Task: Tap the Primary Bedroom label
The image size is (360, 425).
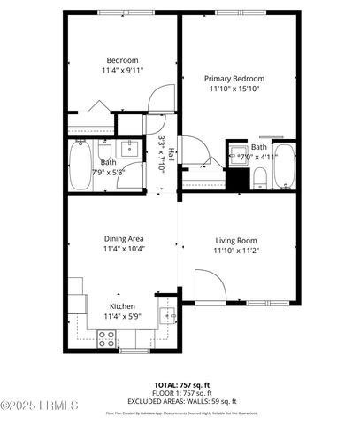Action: (x=237, y=78)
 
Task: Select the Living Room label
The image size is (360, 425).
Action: (x=236, y=240)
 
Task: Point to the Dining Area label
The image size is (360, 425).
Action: (x=124, y=238)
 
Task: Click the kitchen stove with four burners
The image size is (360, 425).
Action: (x=107, y=337)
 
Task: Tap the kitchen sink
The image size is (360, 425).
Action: (x=165, y=311)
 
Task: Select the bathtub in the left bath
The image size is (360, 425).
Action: (x=78, y=168)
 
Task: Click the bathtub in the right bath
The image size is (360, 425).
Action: (x=284, y=169)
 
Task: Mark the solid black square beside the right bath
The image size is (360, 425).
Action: (x=236, y=180)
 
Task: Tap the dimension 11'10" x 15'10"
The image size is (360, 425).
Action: (x=237, y=89)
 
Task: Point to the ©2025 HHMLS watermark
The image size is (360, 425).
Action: (x=40, y=406)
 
